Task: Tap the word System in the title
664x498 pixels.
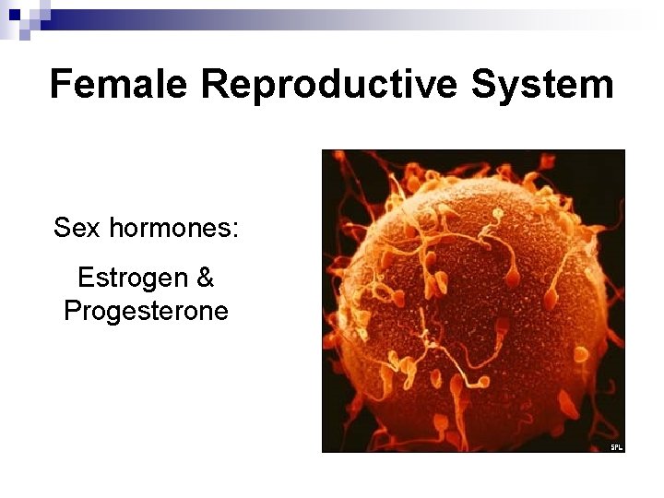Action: (x=542, y=84)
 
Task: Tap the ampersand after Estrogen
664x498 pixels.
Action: (x=205, y=278)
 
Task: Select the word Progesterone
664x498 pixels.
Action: (x=146, y=311)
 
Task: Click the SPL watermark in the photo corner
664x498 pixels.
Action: (x=616, y=447)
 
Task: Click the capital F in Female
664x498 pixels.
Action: (x=61, y=84)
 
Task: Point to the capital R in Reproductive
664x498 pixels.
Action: (x=214, y=84)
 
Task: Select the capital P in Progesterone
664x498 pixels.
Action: (x=72, y=311)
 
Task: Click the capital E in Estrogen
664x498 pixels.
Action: (x=86, y=278)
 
